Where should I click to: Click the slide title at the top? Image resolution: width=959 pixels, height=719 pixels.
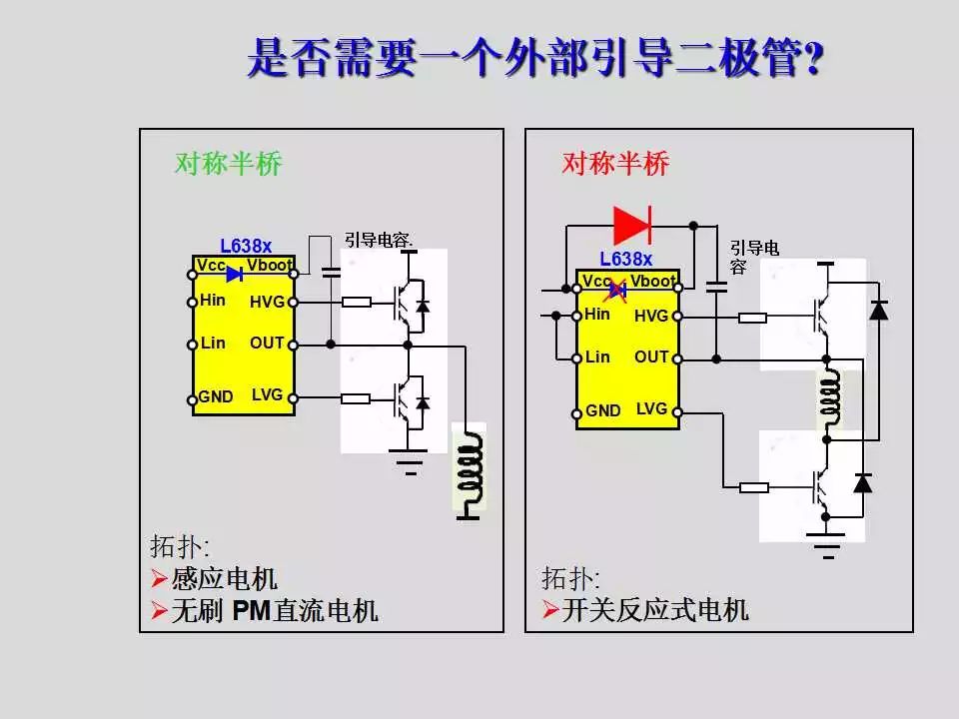click(535, 59)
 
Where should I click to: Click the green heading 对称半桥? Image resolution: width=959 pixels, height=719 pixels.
click(229, 164)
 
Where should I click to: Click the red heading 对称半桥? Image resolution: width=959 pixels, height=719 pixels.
click(615, 163)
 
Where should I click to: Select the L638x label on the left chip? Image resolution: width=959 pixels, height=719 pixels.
click(246, 246)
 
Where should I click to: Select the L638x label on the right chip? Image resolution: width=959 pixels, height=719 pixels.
click(625, 260)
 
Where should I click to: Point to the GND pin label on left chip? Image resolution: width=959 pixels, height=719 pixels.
click(216, 397)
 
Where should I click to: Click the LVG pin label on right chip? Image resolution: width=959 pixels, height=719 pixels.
click(651, 408)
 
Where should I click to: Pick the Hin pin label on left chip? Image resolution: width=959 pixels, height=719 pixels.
click(213, 300)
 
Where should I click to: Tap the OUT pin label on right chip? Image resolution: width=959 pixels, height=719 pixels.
click(651, 357)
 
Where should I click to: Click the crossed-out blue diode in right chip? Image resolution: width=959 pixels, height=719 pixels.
click(617, 291)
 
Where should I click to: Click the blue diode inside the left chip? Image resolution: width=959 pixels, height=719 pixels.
click(235, 274)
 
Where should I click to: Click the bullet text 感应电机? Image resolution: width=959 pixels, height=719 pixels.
click(224, 578)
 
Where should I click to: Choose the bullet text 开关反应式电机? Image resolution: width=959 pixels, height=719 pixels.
click(655, 609)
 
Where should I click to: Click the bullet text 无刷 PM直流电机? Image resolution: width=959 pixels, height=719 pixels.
click(274, 610)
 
